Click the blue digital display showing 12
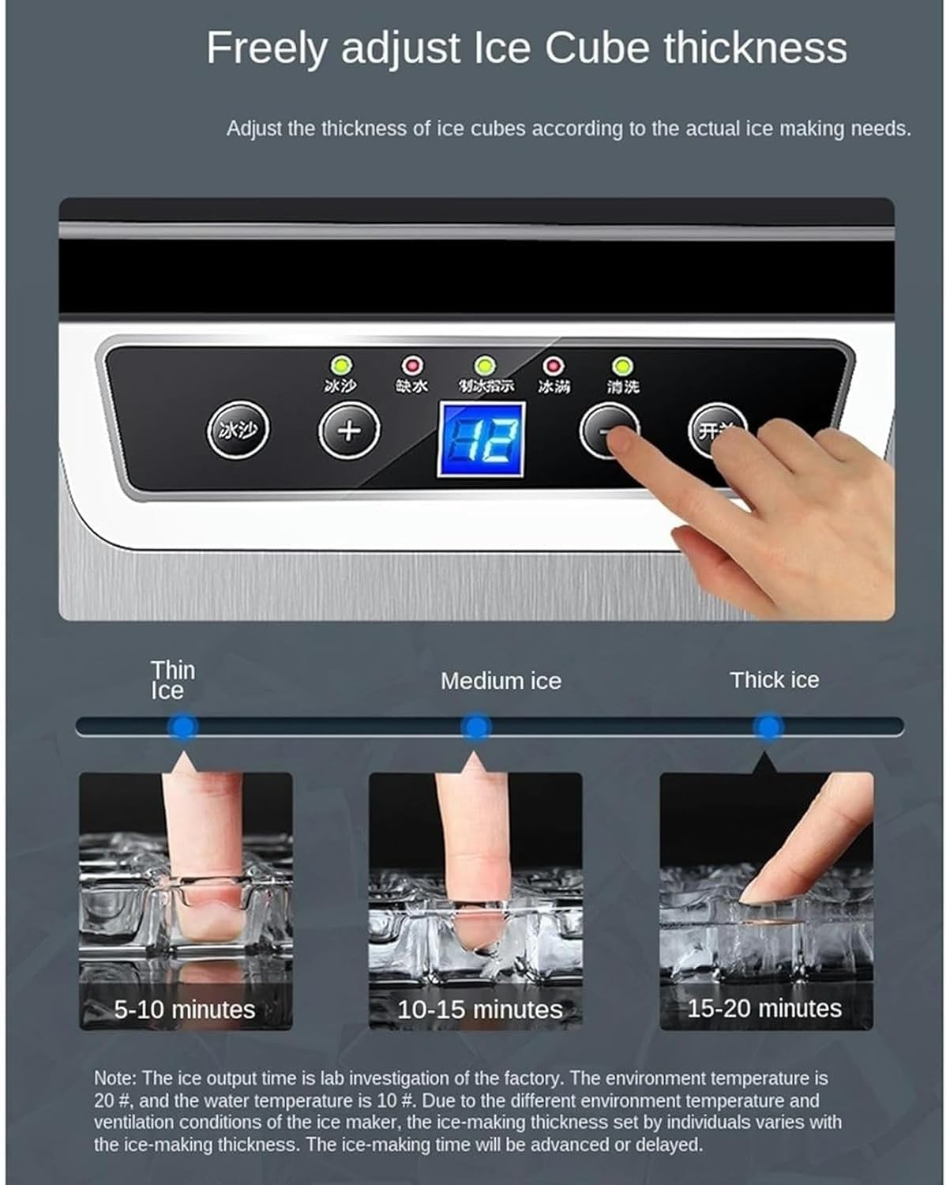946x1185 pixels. [481, 439]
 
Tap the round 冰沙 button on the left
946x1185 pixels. [238, 431]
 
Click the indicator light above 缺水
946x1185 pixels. [412, 366]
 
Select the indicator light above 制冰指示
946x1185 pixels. [485, 366]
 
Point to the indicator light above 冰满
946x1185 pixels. [553, 366]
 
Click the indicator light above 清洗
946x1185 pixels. [622, 366]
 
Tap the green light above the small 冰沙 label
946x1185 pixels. [341, 366]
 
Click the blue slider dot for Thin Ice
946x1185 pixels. [183, 726]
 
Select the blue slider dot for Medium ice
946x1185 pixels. [476, 726]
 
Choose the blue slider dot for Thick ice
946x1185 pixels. [767, 726]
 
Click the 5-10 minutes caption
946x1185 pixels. [185, 1009]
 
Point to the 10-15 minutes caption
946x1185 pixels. [479, 1009]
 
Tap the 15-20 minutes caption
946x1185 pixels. [764, 1008]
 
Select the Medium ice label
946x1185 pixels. [501, 681]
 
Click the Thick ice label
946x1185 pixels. [774, 679]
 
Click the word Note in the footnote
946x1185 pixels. [114, 1078]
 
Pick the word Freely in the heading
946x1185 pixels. [267, 49]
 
